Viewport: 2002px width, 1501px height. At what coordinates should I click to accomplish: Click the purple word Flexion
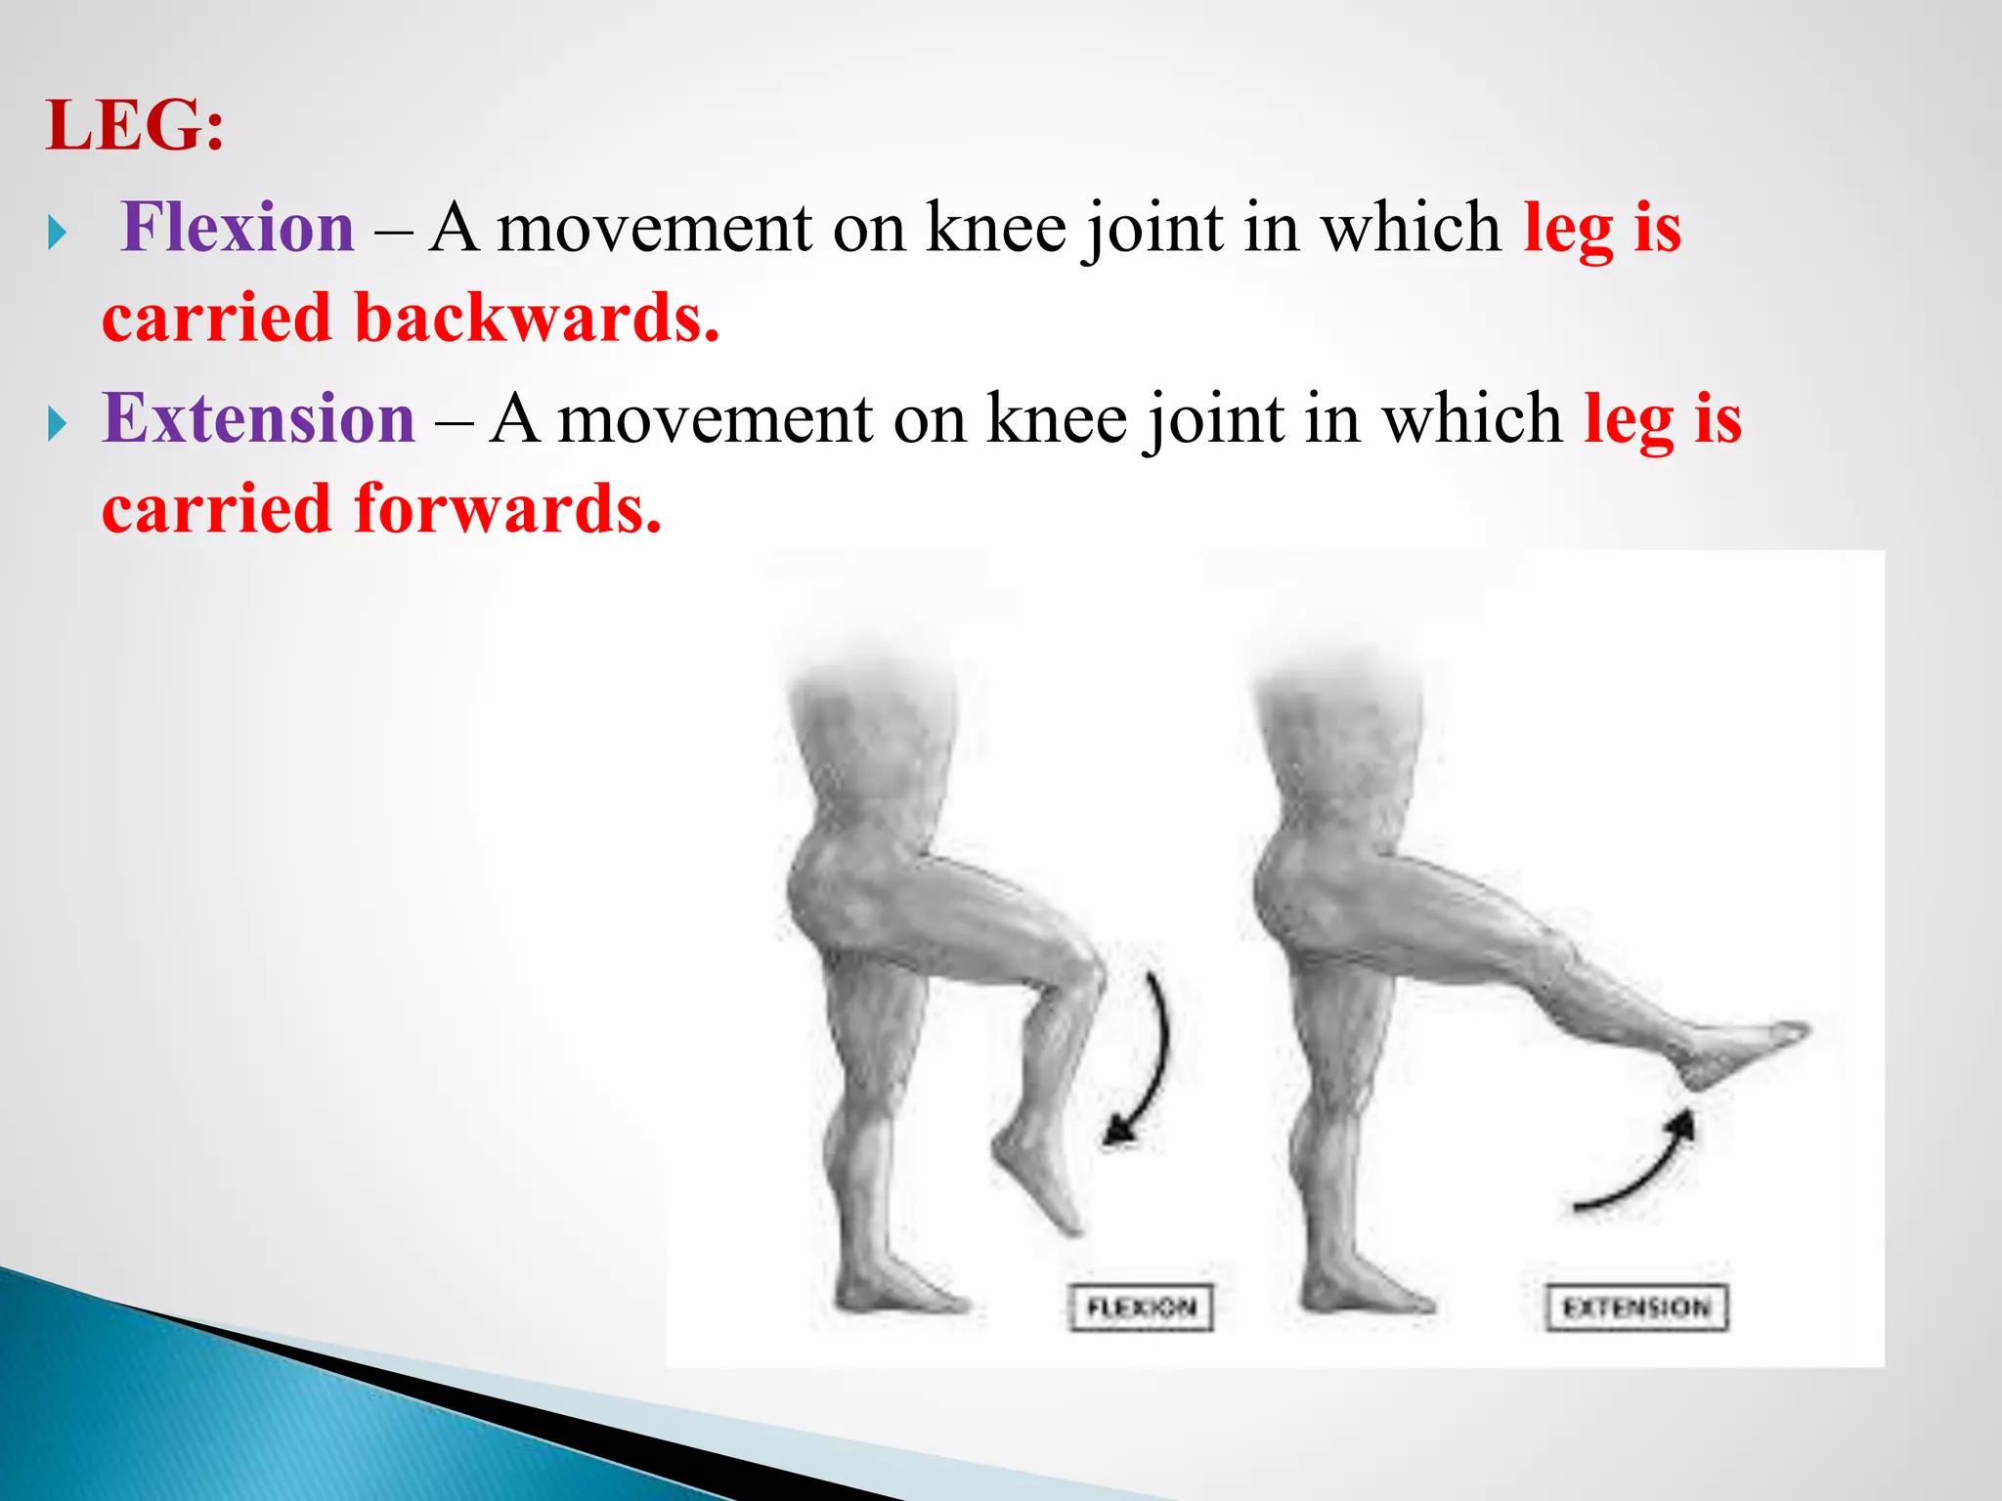pyautogui.click(x=238, y=228)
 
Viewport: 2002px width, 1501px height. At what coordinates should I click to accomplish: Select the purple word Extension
pyautogui.click(x=259, y=418)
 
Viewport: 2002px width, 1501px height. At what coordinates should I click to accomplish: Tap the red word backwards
pyautogui.click(x=537, y=319)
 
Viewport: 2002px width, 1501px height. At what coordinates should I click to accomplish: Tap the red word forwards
pyautogui.click(x=507, y=509)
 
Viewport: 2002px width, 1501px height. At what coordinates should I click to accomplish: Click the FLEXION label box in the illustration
pyautogui.click(x=1141, y=1308)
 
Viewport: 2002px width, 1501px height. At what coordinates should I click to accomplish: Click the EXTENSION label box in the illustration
pyautogui.click(x=1636, y=1308)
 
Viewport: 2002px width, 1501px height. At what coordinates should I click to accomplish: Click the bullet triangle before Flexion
pyautogui.click(x=58, y=234)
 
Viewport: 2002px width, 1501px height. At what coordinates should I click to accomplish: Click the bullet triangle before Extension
pyautogui.click(x=58, y=424)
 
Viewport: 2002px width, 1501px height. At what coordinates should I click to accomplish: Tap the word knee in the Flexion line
pyautogui.click(x=995, y=228)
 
